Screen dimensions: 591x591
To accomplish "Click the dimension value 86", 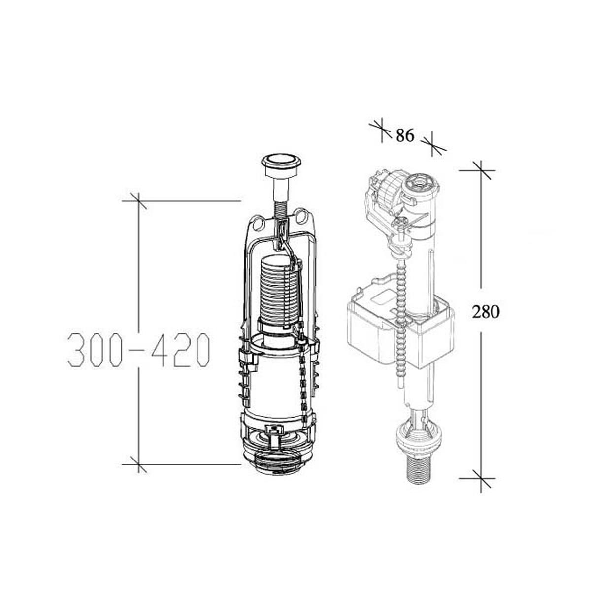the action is [x=405, y=135].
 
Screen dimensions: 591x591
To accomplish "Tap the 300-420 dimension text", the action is [x=138, y=350].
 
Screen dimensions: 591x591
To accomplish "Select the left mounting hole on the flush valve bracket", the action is [x=260, y=223].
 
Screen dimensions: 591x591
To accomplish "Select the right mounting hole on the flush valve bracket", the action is [x=302, y=216].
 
